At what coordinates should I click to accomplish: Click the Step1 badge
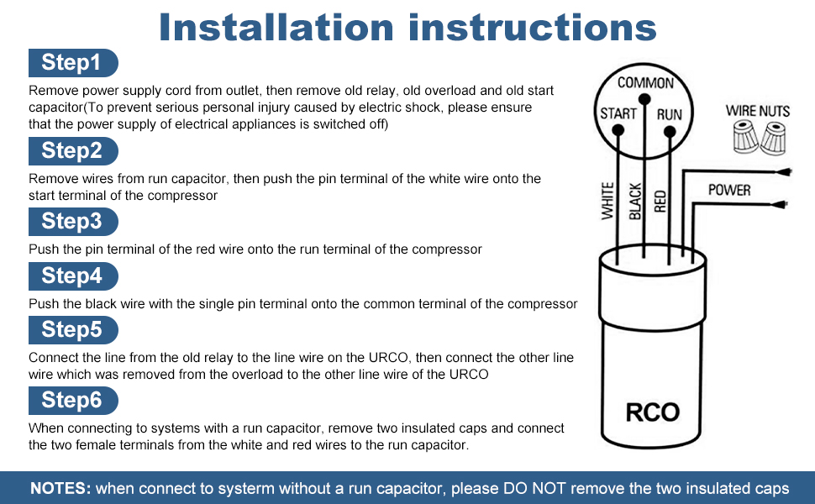click(73, 63)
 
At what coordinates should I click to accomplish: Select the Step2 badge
click(73, 151)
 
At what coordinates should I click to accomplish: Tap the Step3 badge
click(73, 222)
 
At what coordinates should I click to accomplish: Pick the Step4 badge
click(73, 276)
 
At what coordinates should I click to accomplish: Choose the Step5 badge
click(73, 329)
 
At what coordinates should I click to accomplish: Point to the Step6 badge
click(73, 400)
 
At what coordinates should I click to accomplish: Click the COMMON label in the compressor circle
click(645, 82)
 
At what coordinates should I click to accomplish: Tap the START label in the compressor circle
click(618, 114)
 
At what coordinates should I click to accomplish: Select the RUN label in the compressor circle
click(670, 114)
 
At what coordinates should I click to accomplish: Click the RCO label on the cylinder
click(653, 412)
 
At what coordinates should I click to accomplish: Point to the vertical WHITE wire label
click(608, 202)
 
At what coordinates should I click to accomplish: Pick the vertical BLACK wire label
click(635, 202)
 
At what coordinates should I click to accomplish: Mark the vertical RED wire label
click(660, 202)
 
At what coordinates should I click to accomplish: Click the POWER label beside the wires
click(728, 190)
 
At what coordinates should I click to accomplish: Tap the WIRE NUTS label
click(758, 111)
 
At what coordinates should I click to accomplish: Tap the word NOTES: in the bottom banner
click(60, 488)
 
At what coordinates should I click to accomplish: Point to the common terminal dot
click(645, 99)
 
